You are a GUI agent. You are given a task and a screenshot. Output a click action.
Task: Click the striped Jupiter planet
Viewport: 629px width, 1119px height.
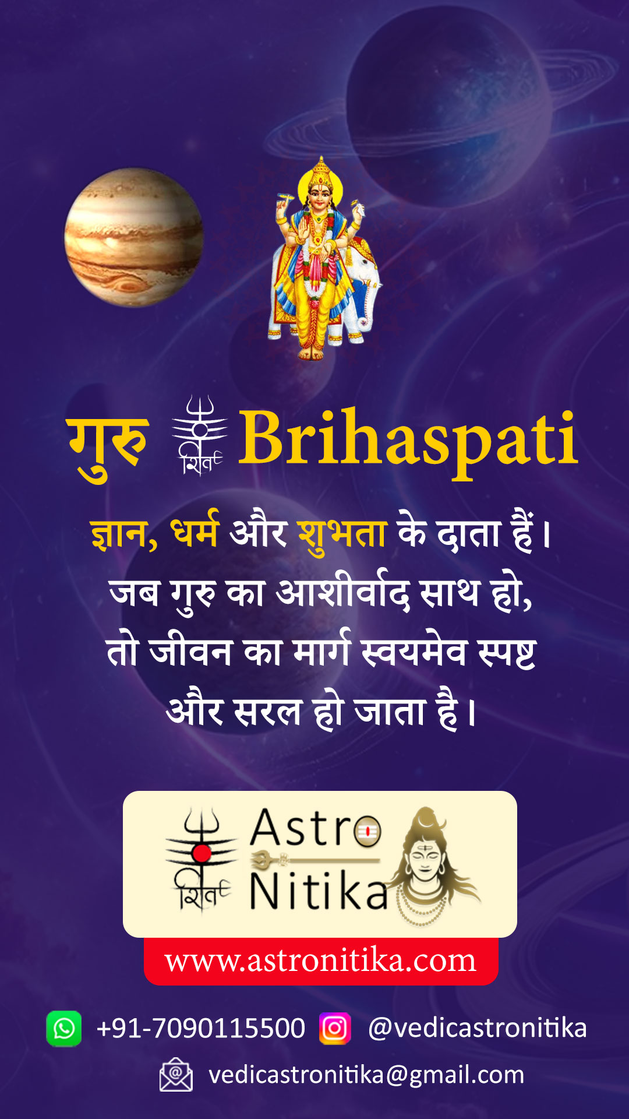134,238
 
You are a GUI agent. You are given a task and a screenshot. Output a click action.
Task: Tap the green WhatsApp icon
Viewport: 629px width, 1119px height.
64,1029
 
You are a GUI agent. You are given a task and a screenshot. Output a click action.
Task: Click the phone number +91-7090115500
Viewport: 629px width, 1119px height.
201,1028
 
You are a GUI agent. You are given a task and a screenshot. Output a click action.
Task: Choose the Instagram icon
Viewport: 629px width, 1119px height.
335,1029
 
